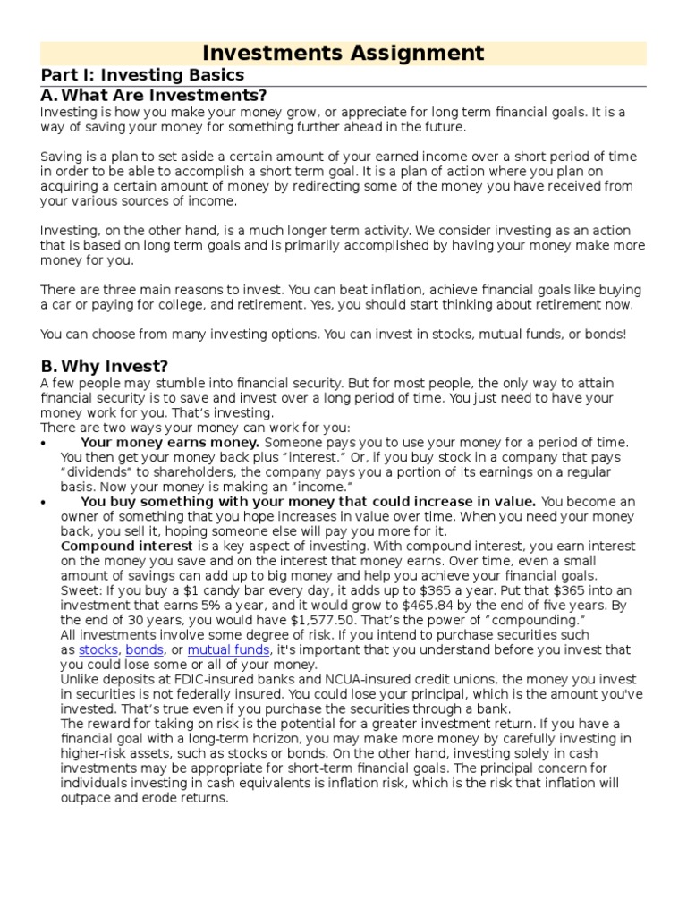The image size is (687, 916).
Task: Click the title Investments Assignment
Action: click(x=343, y=53)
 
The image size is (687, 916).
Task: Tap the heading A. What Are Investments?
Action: click(x=154, y=96)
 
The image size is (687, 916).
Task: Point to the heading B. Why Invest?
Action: click(x=104, y=367)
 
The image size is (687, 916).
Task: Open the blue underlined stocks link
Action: click(x=98, y=649)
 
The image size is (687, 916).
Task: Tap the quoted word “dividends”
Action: click(x=93, y=472)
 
